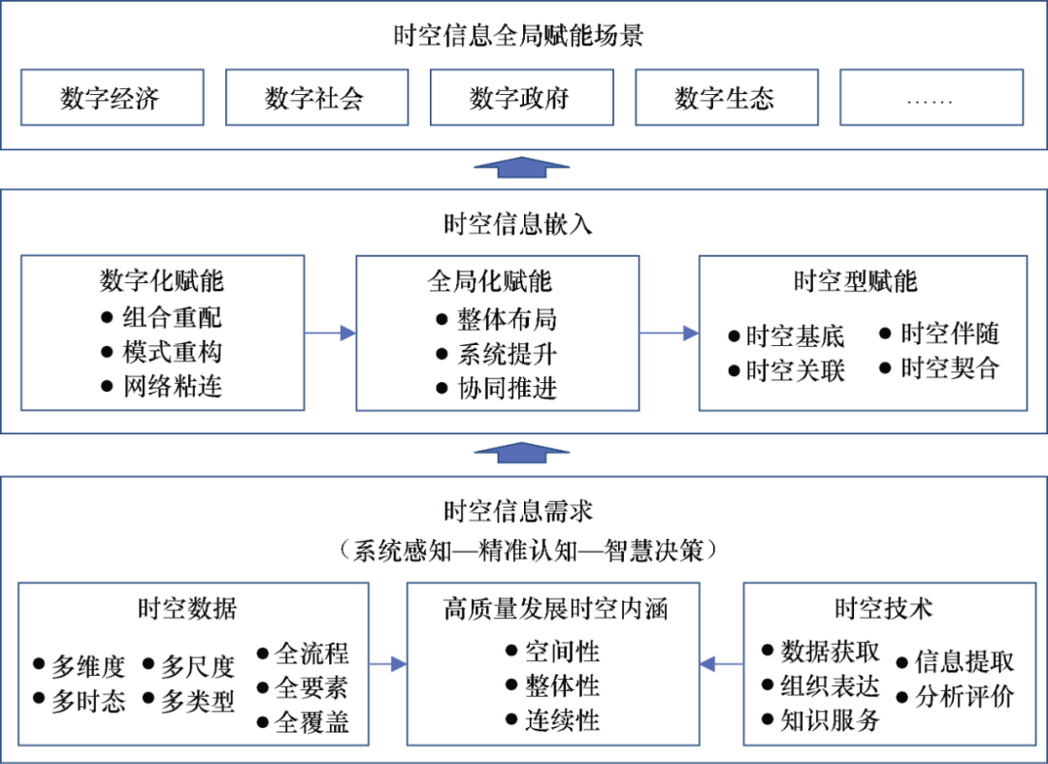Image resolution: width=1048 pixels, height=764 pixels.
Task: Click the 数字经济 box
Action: (112, 97)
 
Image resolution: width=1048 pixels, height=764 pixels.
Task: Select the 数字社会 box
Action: (316, 97)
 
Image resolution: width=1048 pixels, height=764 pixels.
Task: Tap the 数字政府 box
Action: (521, 97)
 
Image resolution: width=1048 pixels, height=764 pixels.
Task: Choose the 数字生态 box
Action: (726, 97)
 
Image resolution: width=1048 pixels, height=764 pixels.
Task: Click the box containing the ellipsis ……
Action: (931, 97)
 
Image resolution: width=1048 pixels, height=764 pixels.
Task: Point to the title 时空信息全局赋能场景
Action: (519, 36)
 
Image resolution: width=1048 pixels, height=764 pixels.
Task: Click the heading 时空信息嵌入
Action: (519, 224)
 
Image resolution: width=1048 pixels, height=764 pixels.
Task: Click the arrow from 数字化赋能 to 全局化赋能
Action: (330, 334)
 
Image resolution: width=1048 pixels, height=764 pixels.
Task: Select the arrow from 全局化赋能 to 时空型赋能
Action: (669, 334)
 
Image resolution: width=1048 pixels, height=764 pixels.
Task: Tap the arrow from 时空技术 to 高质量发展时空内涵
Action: (721, 664)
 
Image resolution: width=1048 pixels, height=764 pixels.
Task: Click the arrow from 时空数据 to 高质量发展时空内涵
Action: (387, 664)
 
